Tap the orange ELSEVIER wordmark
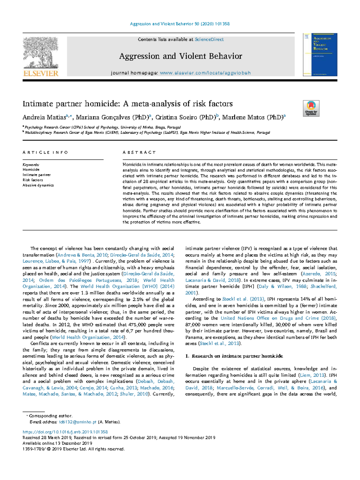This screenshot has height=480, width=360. (x=40, y=73)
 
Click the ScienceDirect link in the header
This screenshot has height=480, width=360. (x=209, y=39)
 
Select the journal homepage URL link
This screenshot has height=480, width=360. (x=205, y=73)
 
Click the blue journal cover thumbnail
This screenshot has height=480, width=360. (x=320, y=54)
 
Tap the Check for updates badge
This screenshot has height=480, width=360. (x=311, y=108)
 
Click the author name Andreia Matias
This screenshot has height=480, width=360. (x=43, y=117)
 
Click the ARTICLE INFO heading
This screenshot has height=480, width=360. (x=45, y=152)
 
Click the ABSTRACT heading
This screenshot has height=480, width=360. (x=139, y=152)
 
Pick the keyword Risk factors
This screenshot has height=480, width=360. (x=33, y=180)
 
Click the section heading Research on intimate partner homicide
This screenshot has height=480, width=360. (x=237, y=356)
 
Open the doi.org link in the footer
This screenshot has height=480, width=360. (x=65, y=432)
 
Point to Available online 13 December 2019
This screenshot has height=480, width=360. (x=57, y=443)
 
